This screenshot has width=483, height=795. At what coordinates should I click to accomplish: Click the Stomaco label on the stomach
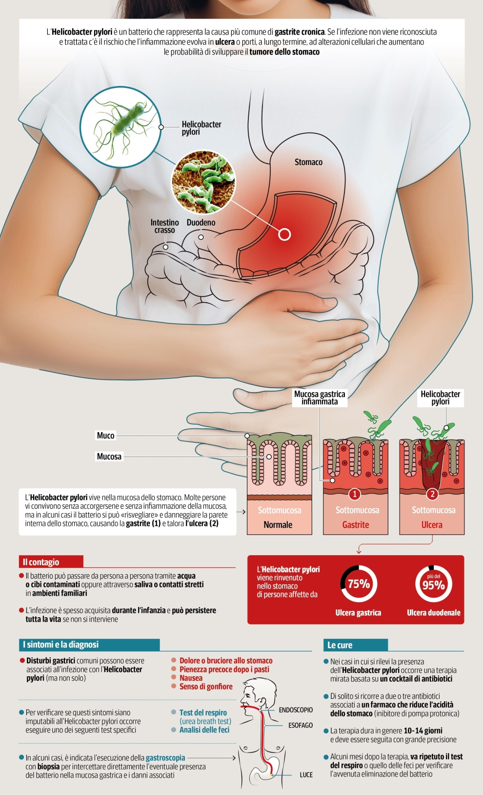pos(308,162)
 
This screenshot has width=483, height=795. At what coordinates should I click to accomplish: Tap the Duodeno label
pos(201,223)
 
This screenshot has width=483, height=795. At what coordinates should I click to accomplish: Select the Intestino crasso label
pos(164,226)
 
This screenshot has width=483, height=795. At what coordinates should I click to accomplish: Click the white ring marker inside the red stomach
pos(284,234)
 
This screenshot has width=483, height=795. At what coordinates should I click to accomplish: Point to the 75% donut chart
pos(359,584)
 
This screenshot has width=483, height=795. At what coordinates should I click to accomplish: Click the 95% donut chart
pos(433,584)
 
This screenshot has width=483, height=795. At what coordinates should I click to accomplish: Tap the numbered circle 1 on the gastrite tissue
pos(355,494)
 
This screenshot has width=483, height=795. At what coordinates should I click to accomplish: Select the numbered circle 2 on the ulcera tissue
pos(432,494)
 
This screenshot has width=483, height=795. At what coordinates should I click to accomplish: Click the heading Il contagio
pos(41,562)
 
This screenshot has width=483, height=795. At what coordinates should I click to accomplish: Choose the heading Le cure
pos(340,645)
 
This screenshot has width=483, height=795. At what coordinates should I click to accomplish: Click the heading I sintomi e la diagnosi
pos(60,645)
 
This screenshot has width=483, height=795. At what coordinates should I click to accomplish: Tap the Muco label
pos(105,436)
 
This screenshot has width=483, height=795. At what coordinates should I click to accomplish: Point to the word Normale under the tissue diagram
pos(278,525)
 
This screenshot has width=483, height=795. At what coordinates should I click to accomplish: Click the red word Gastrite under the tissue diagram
pos(355,525)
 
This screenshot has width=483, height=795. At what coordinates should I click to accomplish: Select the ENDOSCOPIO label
pos(296,710)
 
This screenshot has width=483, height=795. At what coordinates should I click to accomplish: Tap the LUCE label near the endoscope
pos(306,775)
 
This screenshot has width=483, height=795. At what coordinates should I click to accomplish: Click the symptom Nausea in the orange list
pos(191,678)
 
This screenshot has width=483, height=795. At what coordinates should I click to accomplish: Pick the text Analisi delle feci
pos(204,730)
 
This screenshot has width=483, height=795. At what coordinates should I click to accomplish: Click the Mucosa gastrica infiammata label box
pos(320,397)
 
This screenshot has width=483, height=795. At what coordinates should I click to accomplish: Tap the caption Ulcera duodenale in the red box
pos(433,613)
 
